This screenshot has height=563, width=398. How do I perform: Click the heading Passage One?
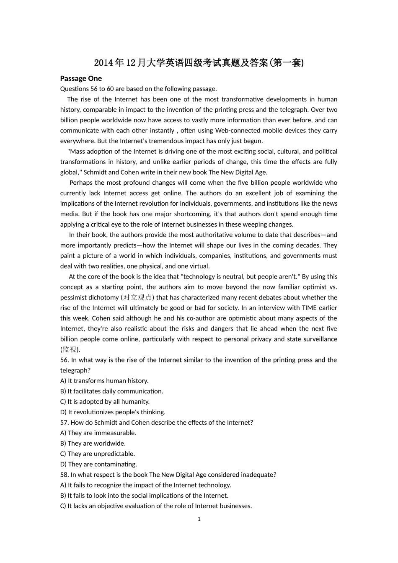(x=81, y=78)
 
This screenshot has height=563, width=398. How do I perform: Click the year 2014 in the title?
(x=103, y=63)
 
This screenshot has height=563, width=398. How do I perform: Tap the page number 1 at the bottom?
(x=199, y=519)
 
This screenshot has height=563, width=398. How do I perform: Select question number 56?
(x=65, y=360)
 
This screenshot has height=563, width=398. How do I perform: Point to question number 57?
(x=65, y=422)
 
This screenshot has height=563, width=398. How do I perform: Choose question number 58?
(x=65, y=475)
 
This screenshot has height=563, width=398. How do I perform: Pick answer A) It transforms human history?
(x=104, y=381)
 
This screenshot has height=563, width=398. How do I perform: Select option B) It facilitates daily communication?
(x=112, y=391)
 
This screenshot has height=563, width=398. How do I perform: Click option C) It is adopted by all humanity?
(x=105, y=401)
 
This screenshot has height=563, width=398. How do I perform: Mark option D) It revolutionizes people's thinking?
(x=113, y=412)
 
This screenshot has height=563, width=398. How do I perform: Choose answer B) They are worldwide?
(x=93, y=443)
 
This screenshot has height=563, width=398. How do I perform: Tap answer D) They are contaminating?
(x=98, y=464)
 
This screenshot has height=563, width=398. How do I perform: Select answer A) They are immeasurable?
(x=98, y=433)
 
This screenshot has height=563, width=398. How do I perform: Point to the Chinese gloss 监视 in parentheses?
(x=70, y=349)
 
